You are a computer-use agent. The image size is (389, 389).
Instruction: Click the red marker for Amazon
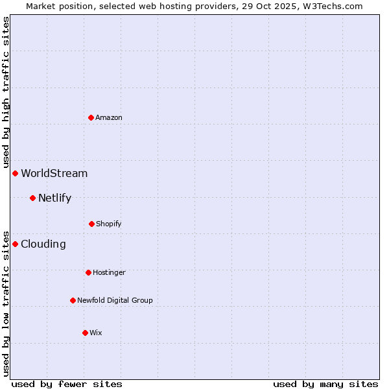coord(91,117)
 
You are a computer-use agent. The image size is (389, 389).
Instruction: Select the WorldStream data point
coord(15,173)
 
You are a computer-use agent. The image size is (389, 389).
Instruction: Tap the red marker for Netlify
coord(32,198)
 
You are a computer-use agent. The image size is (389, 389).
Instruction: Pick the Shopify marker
coord(91,224)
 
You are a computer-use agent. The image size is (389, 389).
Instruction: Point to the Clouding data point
coord(15,244)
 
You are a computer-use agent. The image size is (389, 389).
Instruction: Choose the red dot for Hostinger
coord(88,272)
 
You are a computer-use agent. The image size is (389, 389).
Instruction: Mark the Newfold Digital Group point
coord(73,300)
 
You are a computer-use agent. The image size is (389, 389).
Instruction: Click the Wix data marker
coord(85,333)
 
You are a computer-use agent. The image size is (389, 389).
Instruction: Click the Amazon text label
coord(109,117)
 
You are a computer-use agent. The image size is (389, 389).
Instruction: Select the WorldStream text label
coord(54,173)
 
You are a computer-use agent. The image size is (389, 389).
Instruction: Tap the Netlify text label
coord(54,198)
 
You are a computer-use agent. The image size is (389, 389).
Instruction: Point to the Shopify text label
coord(109,224)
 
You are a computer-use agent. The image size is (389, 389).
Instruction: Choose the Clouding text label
coord(43,244)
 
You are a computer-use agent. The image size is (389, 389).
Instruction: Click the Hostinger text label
coord(109,272)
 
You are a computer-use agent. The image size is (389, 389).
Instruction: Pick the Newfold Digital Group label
coord(115,300)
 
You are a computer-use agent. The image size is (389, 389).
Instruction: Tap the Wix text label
coord(96,333)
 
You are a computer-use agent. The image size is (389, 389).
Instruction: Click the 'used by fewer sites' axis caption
coord(67,384)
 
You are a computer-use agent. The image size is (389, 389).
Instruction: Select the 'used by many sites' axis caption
coord(325,384)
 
